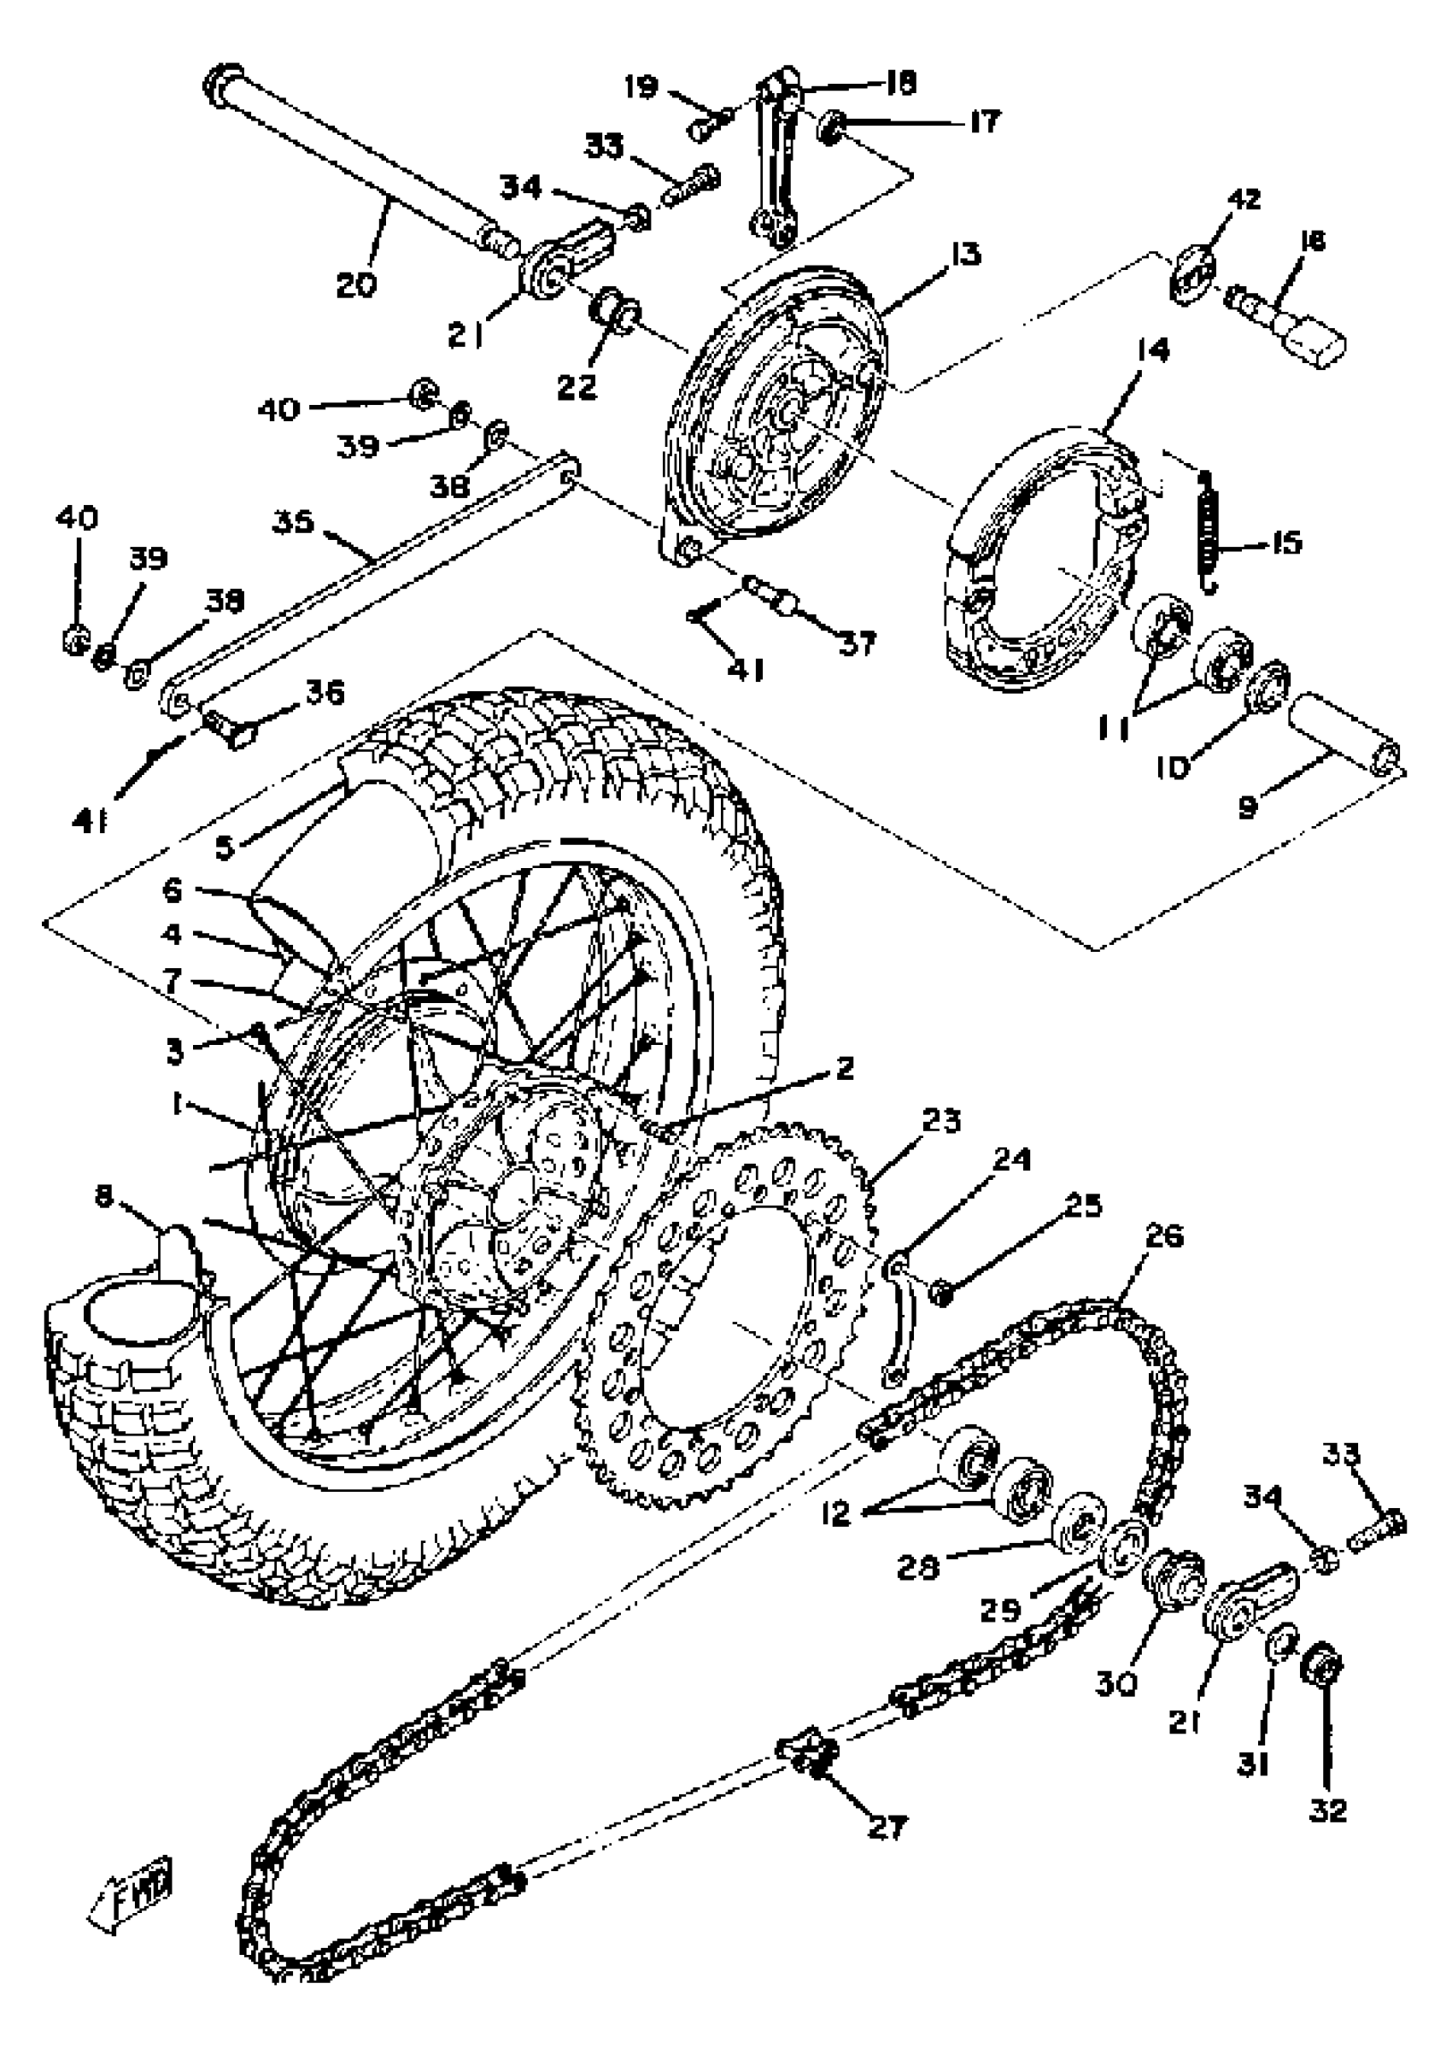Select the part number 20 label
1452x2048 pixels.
pyautogui.click(x=357, y=285)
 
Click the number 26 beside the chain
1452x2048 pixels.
pyautogui.click(x=1163, y=1237)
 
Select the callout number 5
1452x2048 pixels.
pyautogui.click(x=225, y=846)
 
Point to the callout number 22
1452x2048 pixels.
pyautogui.click(x=577, y=387)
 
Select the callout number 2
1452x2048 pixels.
pyautogui.click(x=845, y=1068)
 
